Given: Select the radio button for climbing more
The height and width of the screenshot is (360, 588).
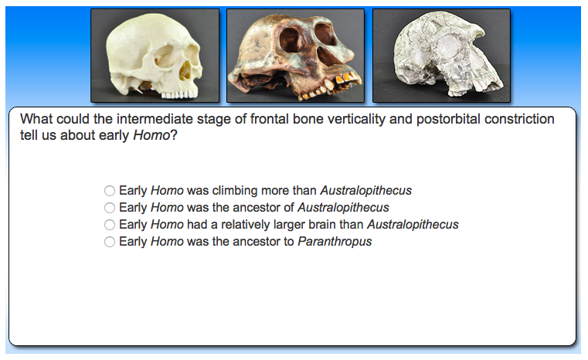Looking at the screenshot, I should (x=110, y=191).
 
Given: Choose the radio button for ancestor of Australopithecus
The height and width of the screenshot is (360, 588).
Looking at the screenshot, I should (x=110, y=208).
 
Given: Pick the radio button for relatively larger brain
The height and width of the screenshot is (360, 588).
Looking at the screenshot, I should (x=110, y=225).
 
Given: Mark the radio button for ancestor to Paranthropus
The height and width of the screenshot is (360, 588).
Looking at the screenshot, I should (x=110, y=242).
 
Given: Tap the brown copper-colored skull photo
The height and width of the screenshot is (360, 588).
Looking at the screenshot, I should (x=295, y=56).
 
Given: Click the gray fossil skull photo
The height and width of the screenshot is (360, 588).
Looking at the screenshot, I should (x=441, y=56).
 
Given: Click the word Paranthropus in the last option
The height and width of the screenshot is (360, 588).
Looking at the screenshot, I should (x=335, y=242).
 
